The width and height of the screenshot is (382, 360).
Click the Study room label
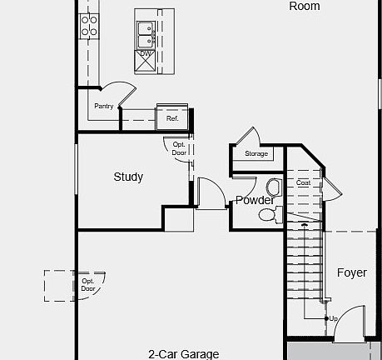pos(128,177)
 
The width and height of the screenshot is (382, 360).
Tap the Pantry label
pos(103,106)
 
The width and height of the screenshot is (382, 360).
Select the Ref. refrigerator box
pos(172,118)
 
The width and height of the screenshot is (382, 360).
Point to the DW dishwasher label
pos(146,53)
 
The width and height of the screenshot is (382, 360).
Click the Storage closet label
pos(256,153)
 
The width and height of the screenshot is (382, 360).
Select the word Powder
pos(255,200)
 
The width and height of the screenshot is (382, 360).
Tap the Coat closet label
pos(303,182)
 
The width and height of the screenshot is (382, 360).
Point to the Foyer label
pos(351,272)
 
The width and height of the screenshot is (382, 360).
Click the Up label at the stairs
pos(333,318)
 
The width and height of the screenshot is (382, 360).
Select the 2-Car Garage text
pos(184,353)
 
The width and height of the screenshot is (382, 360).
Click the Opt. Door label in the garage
pos(88,285)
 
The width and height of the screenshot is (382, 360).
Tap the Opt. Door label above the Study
pos(179,148)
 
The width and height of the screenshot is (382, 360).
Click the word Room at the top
pos(304,6)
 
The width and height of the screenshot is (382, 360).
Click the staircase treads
pos(304,267)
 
